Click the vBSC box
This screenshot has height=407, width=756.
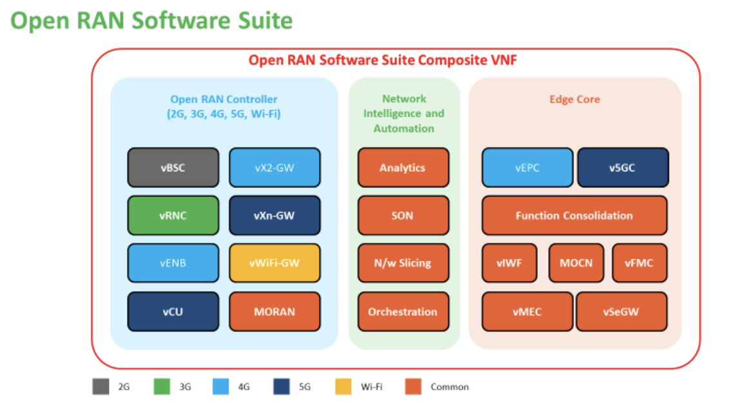[x=173, y=167]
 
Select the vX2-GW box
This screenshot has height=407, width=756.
[x=274, y=167]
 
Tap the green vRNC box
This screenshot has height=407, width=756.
[x=173, y=215]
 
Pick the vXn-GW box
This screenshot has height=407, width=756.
[x=274, y=215]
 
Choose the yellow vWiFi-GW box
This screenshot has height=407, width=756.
[x=274, y=263]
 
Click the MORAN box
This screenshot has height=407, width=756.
[x=274, y=312]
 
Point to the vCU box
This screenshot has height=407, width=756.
[x=173, y=312]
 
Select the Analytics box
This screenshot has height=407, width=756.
[x=403, y=167]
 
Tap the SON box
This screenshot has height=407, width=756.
[x=403, y=215]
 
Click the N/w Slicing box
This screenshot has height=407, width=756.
[x=403, y=263]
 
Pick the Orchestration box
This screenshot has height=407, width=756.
[x=403, y=312]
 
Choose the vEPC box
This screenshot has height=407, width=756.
[x=527, y=167]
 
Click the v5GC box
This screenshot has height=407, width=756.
[x=623, y=167]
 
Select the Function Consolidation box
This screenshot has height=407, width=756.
[x=574, y=215]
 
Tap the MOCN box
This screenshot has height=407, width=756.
[x=576, y=263]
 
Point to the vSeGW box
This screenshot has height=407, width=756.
[x=621, y=312]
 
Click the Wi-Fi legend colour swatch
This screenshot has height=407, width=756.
[x=343, y=386]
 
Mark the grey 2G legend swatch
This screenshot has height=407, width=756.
[x=100, y=386]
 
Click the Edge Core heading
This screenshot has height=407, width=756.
[x=574, y=99]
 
